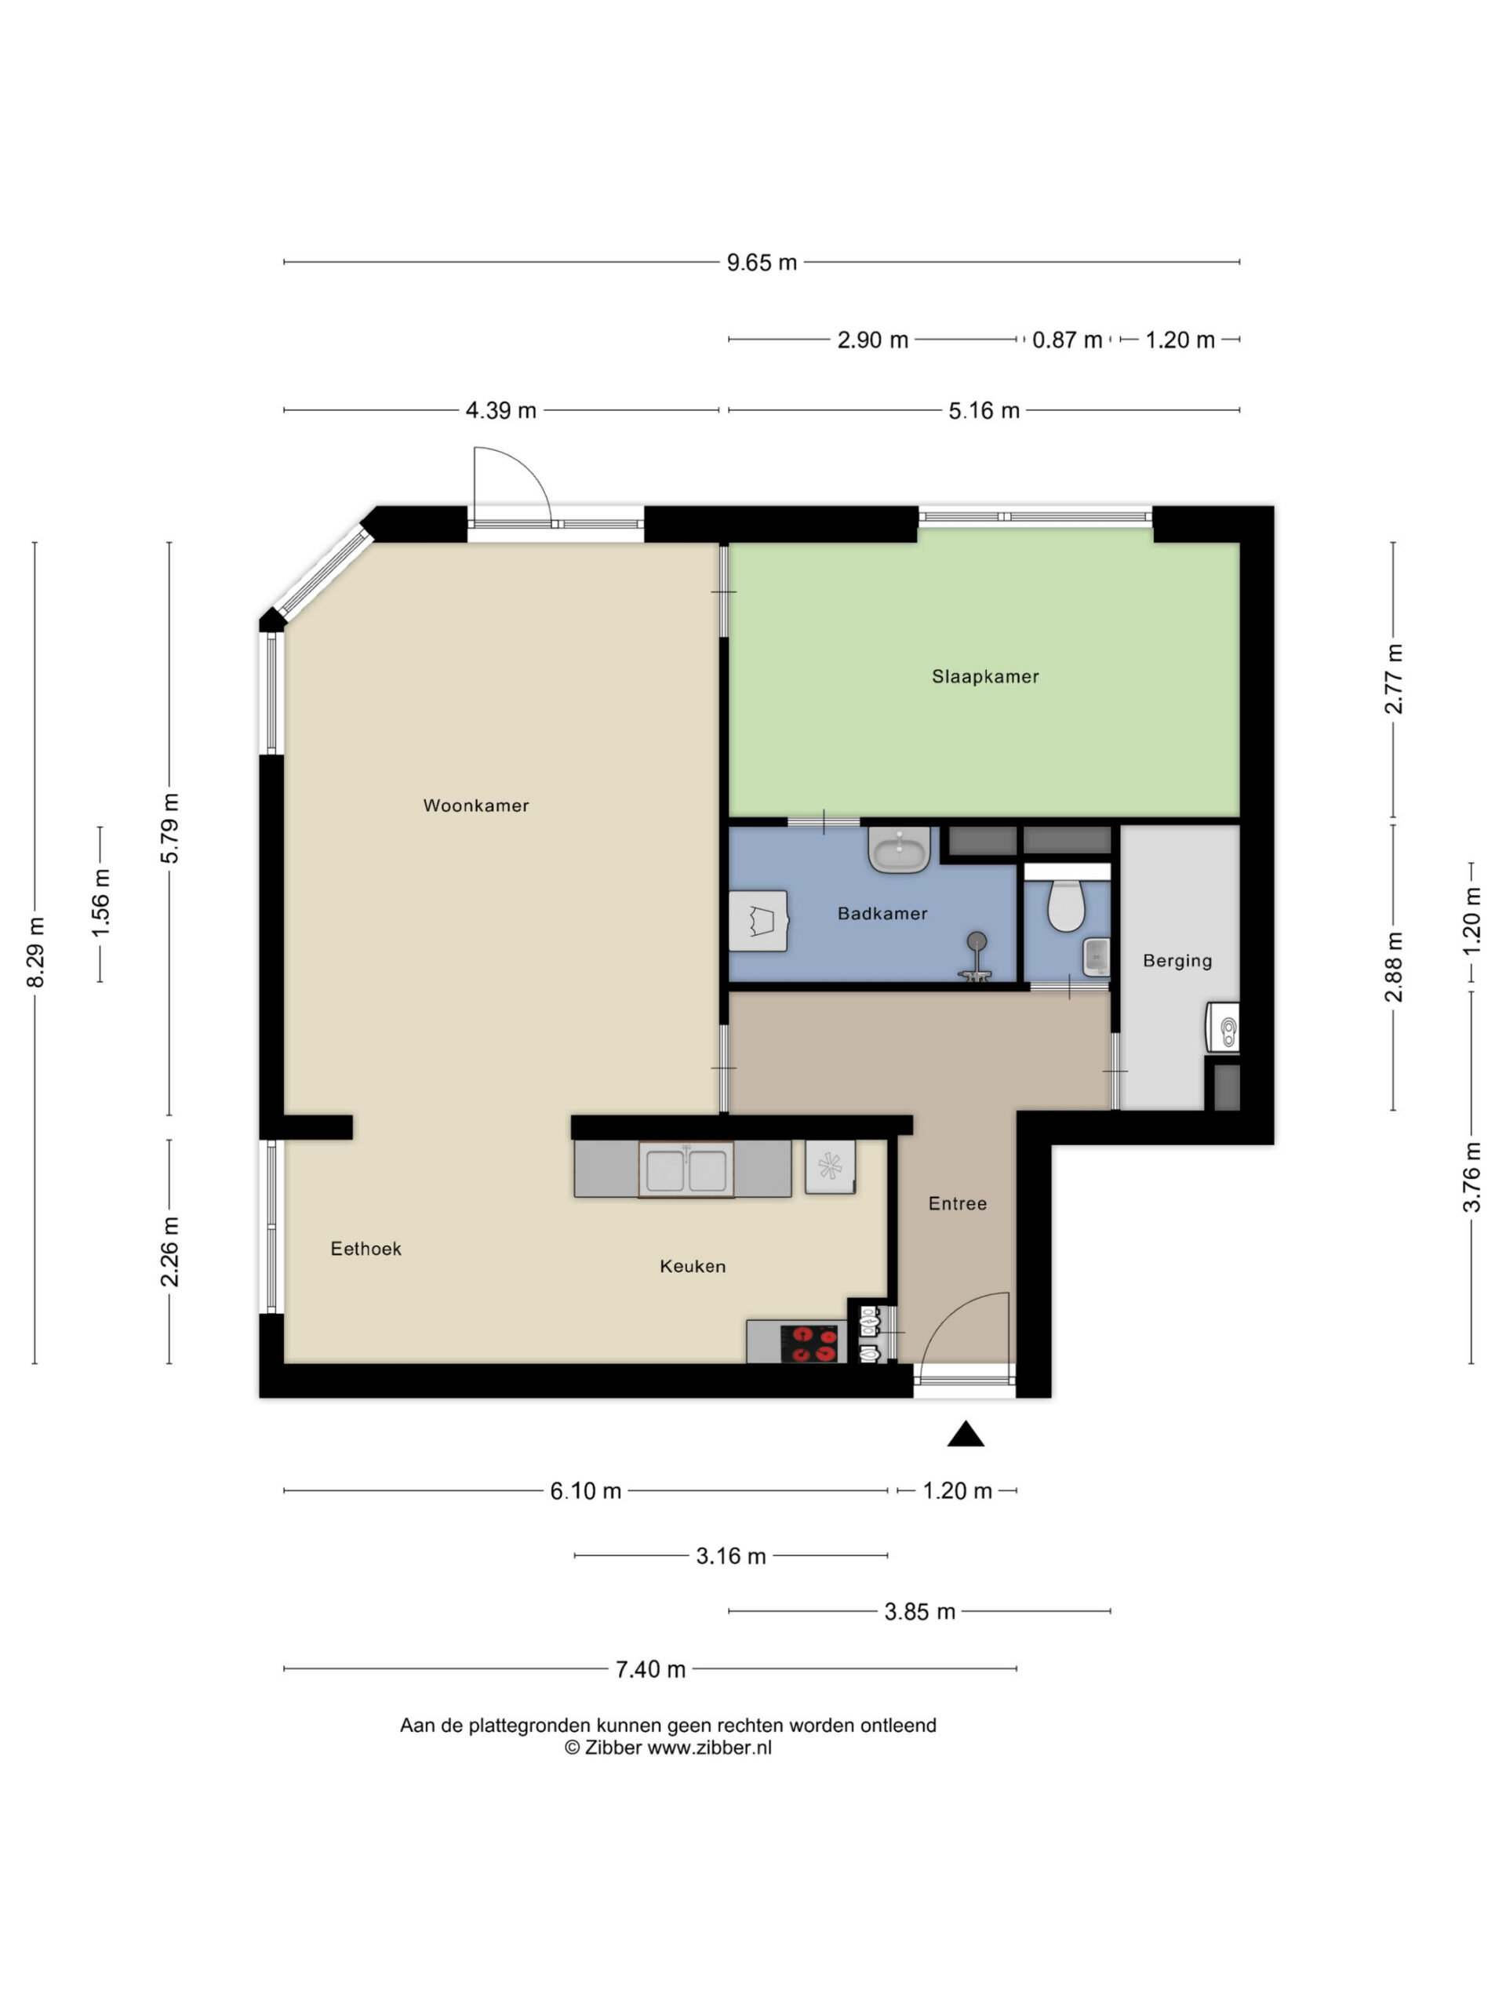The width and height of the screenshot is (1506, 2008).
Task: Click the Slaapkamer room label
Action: coord(985,676)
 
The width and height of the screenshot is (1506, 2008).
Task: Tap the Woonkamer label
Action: coord(475,806)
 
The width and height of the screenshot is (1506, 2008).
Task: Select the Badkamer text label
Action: coord(882,913)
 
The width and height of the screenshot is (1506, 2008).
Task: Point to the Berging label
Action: coord(1177,960)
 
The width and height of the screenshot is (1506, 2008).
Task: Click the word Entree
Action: coord(957,1204)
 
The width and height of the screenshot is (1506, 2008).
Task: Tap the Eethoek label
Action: coord(366,1249)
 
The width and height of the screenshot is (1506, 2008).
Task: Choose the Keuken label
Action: coord(693,1266)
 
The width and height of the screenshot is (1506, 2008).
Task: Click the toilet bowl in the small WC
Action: coord(1066,905)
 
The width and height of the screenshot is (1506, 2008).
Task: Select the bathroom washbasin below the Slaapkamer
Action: coord(899,849)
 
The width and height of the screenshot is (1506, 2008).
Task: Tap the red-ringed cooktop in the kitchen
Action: coord(809,1344)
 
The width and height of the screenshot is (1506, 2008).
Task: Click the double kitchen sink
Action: coord(686,1170)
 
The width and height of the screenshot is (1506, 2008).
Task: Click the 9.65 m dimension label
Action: coord(762,262)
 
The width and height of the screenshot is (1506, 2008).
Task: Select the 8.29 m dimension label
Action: coord(35,952)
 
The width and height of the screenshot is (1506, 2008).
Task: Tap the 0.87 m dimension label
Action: coord(1067,340)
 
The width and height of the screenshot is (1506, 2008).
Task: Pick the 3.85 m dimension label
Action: coord(919,1611)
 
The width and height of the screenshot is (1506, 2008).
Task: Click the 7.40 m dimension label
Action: coord(650,1668)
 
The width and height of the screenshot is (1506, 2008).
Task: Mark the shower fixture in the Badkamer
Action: coord(976,957)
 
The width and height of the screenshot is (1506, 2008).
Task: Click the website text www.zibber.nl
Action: coord(709,1748)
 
